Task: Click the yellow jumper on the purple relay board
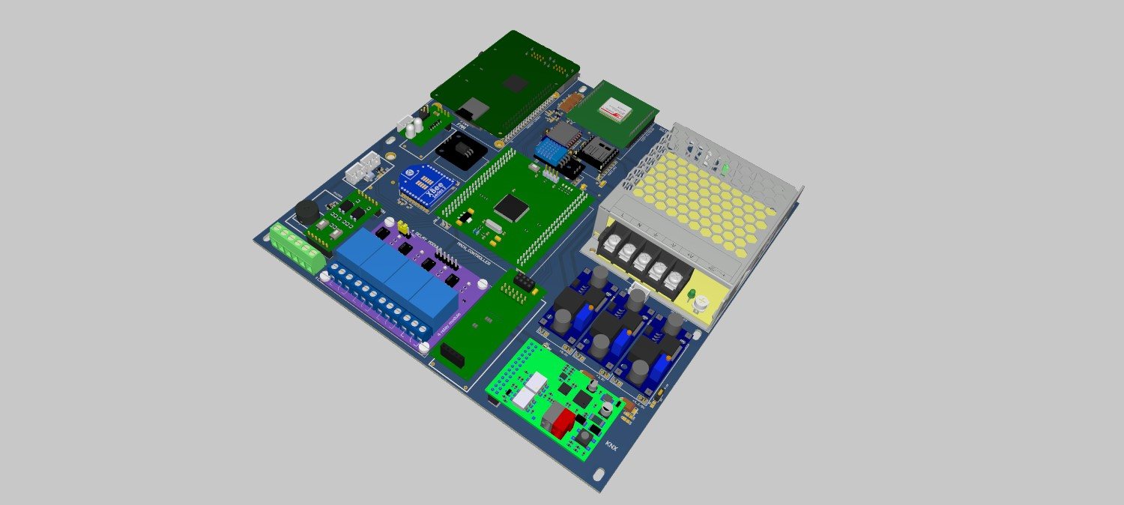coord(402,226)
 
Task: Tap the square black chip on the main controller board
coord(511,206)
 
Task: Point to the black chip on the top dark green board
coord(514,82)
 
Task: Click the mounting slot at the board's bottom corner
coord(599,475)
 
